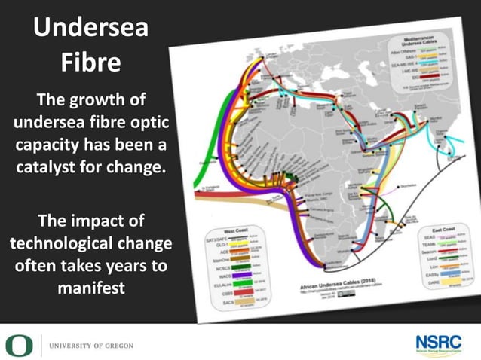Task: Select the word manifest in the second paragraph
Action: coord(90,288)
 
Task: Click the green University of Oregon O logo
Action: coord(16,345)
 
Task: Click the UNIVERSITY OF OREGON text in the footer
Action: coord(90,346)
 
